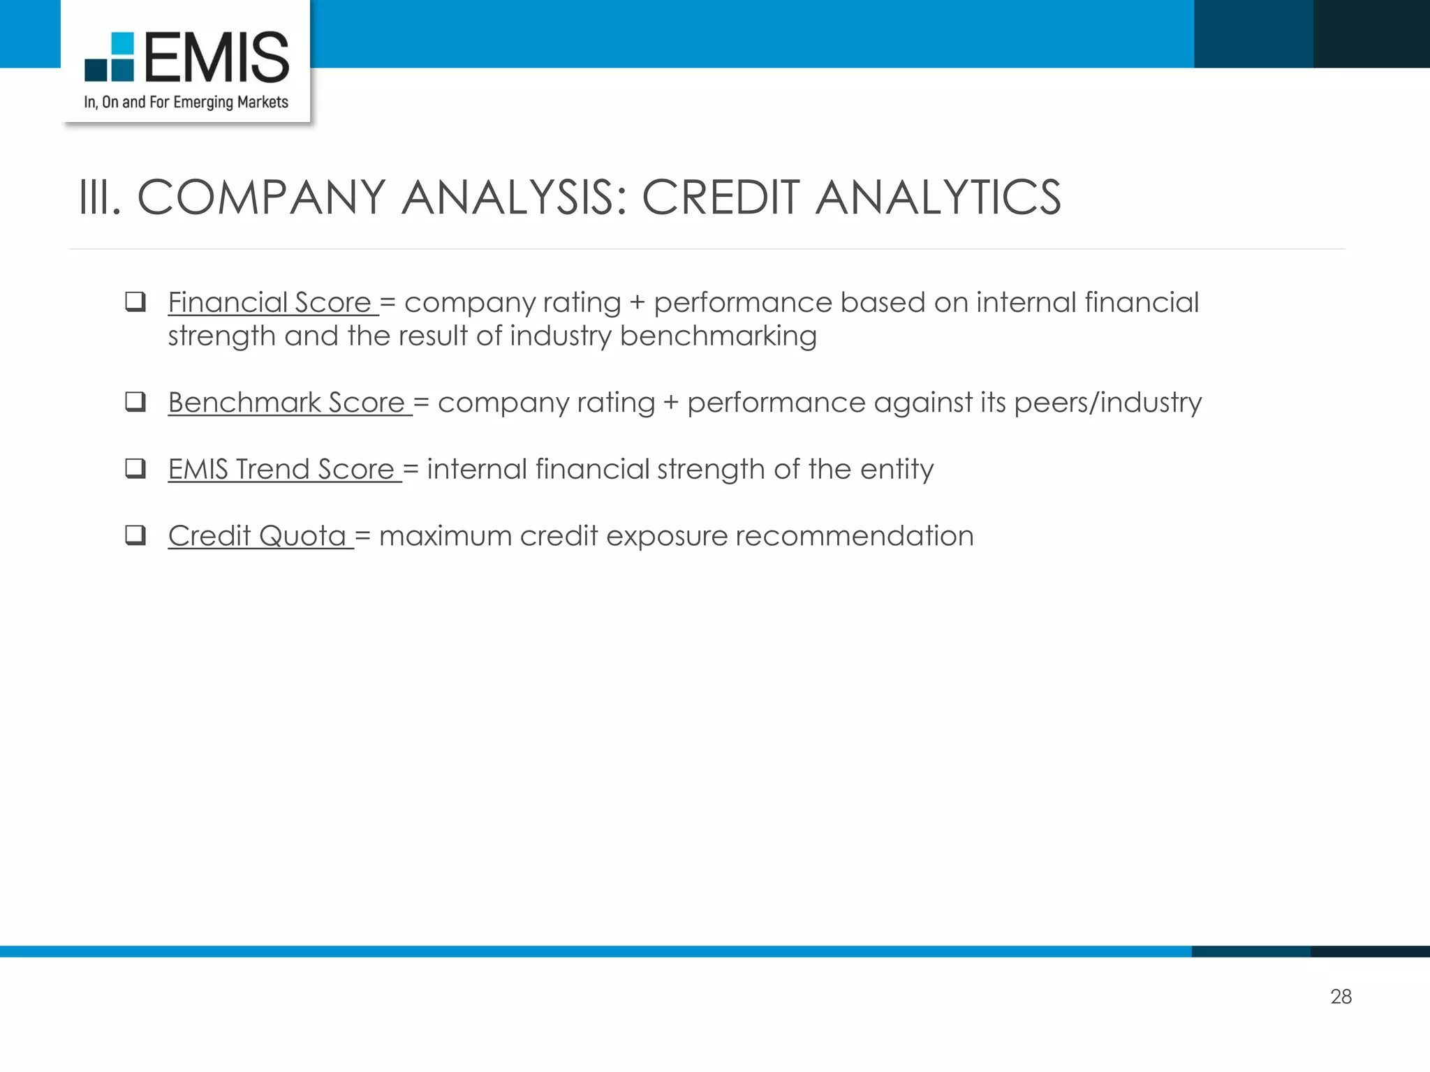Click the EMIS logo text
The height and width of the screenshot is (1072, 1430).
216,57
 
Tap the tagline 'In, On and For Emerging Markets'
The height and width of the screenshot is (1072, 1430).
186,103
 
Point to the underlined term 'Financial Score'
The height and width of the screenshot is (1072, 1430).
270,303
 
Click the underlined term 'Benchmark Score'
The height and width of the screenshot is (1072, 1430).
286,403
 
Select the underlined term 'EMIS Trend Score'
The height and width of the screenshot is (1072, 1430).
281,469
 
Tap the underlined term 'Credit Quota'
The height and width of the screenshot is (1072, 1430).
257,536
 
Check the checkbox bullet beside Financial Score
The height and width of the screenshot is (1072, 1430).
135,301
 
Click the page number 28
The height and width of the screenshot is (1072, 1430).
1341,997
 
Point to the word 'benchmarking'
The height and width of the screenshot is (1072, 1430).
718,336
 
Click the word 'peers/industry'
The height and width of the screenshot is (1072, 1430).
1107,403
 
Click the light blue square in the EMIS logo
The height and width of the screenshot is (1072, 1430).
122,43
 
